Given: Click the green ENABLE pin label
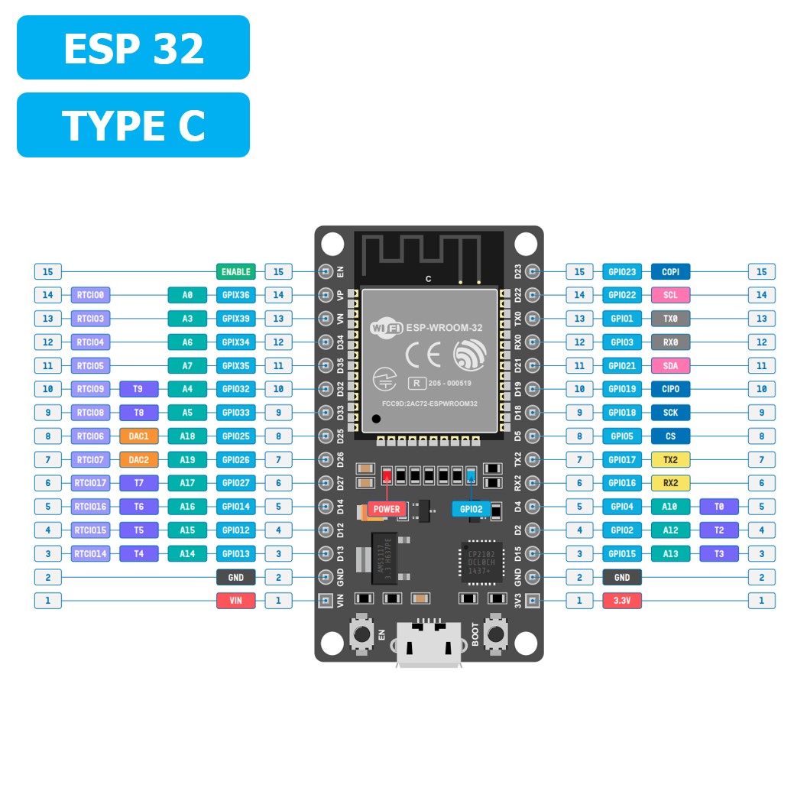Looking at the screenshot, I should coord(236,271).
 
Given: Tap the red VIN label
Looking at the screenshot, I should coord(236,601).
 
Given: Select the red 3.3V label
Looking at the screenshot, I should coord(622,601).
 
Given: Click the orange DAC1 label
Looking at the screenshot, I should coord(139,436).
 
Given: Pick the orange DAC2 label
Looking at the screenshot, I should coord(139,460).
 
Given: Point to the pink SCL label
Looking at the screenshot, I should coord(670,295).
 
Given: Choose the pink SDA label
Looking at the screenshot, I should coord(670,366).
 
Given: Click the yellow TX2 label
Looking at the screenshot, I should coord(670,460).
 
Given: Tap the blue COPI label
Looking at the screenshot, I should coord(670,271).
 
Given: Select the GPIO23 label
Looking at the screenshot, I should coord(622,271).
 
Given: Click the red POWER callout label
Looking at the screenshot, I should coord(387,509).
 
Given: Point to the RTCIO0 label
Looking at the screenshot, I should coord(91,295).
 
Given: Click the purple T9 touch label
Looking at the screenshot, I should coord(139,389).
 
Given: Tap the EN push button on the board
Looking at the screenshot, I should coord(359,633).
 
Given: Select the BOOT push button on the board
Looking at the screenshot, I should coord(498,633).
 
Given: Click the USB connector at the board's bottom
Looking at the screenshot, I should coord(429,646).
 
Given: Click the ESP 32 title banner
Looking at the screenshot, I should coord(133,47).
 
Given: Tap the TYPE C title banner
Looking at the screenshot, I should coord(133,125).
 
